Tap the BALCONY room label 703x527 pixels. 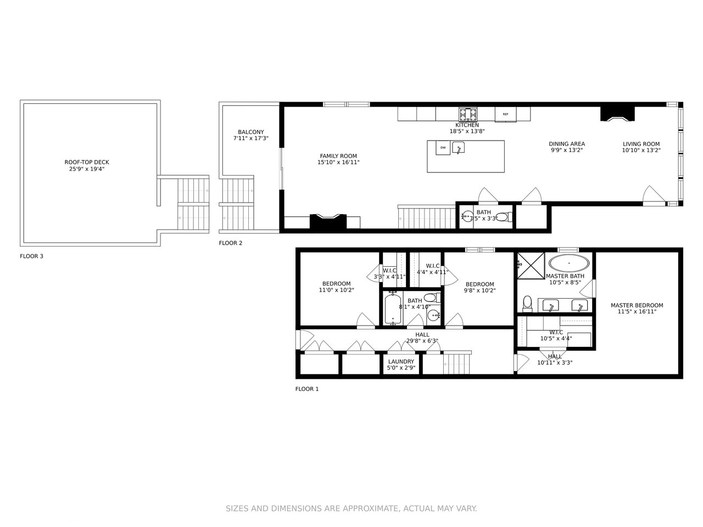tap(251, 132)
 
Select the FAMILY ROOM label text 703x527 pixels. tap(338, 156)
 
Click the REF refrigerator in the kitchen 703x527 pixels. tap(505, 114)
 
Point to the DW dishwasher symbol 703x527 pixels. tap(443, 148)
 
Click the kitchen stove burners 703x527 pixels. tap(468, 114)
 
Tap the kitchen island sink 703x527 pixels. tap(458, 148)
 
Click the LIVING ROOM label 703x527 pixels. tap(641, 144)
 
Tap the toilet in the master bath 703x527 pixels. tap(527, 302)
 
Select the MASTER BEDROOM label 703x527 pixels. tap(637, 305)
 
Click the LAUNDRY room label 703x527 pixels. tap(401, 362)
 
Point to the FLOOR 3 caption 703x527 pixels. tap(31, 256)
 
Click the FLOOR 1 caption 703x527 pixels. tap(306, 389)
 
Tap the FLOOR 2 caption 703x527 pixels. tap(230, 243)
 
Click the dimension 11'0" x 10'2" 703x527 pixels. tap(336, 290)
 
